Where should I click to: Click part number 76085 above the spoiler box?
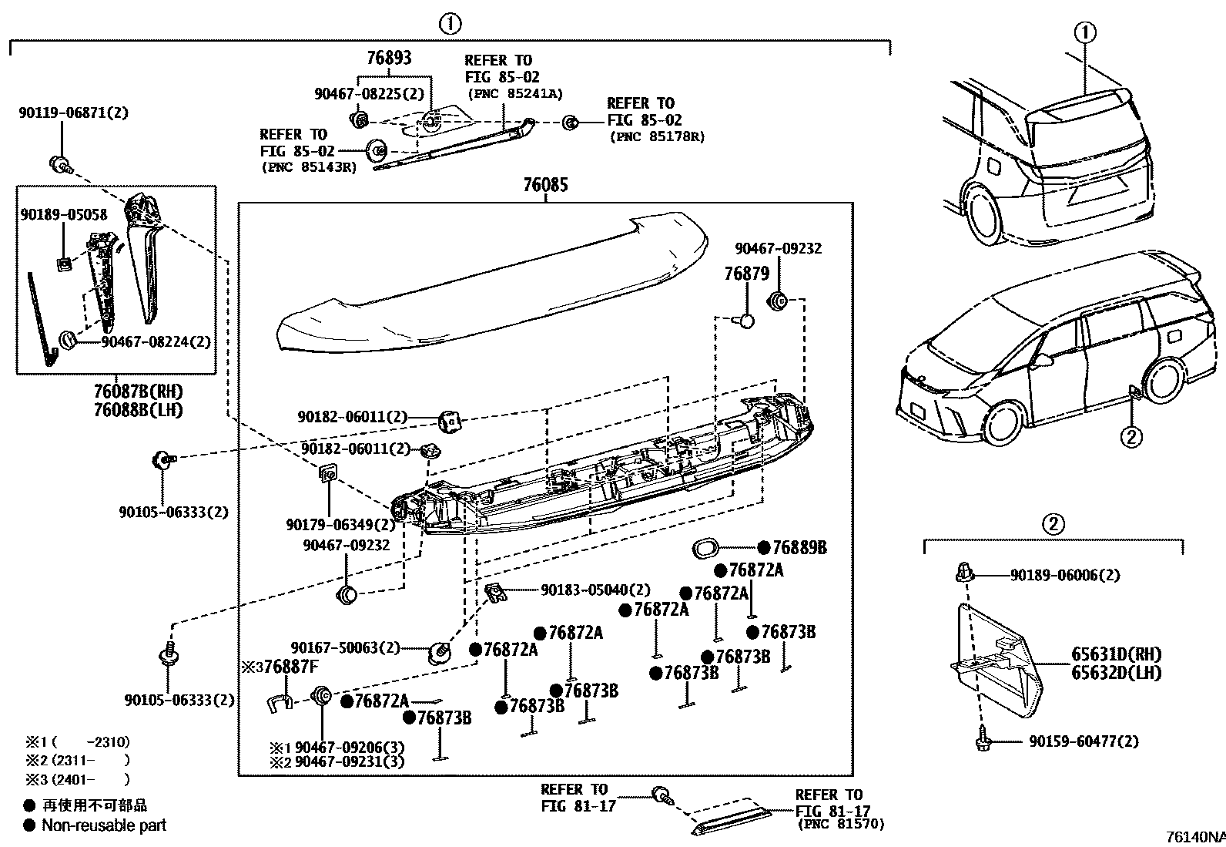point(545,185)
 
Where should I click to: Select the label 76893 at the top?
point(389,58)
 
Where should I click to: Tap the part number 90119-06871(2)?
point(73,113)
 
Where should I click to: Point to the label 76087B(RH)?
point(139,392)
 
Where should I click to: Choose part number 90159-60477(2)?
point(1084,741)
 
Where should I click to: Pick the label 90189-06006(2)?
point(1065,575)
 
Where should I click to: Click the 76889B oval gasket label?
point(799,547)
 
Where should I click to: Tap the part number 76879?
point(746,274)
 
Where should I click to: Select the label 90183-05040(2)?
point(595,590)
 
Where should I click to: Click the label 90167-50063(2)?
point(346,647)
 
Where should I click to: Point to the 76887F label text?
point(290,666)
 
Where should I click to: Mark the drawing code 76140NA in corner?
point(1194,837)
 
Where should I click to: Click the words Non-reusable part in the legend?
point(104,825)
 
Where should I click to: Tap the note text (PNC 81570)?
point(842,825)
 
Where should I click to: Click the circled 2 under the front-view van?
point(1131,438)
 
